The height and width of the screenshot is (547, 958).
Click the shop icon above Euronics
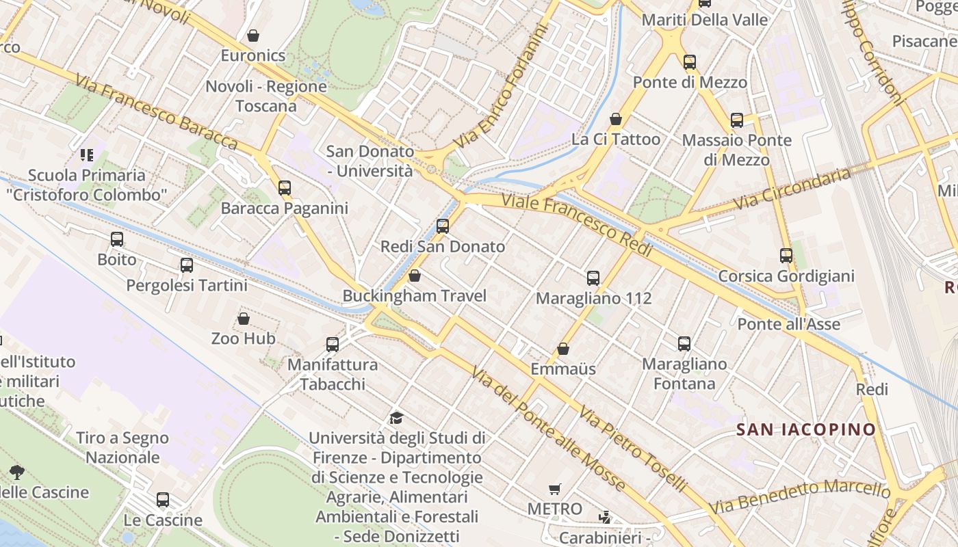[x=253, y=36]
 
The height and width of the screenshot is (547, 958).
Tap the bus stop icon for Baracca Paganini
[x=285, y=187]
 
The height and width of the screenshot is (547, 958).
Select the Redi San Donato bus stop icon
[x=443, y=226]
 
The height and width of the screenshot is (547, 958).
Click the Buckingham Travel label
[x=414, y=296]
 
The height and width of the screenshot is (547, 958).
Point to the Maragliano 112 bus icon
[x=593, y=278]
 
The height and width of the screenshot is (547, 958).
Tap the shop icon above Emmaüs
[x=563, y=349]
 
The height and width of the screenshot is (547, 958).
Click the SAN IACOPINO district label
[x=805, y=429]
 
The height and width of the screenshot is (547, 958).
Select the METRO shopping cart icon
[x=555, y=489]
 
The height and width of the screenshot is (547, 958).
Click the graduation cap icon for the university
[x=396, y=418]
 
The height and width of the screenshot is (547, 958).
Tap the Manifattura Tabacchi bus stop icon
[x=333, y=344]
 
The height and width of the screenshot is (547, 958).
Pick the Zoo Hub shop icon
[x=243, y=319]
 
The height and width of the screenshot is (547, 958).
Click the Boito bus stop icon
[x=117, y=239]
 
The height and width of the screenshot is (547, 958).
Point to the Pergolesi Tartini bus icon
[x=187, y=265]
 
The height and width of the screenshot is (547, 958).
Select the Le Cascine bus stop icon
[x=163, y=500]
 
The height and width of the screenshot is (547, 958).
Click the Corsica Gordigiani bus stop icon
[x=786, y=256]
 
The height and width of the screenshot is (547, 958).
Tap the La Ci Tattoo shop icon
[x=616, y=119]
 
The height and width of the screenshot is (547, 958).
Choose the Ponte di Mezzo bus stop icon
[x=690, y=62]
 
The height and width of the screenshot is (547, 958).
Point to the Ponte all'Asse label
[x=788, y=323]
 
